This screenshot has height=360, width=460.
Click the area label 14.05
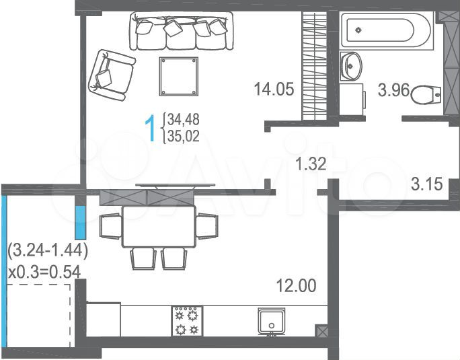point(274,89)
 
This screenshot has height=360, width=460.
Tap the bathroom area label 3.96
point(393,89)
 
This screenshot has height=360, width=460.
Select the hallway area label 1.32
point(311,161)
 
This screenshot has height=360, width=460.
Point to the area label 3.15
point(427,184)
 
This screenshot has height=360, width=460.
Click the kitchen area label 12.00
point(296,286)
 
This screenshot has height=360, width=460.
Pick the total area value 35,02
point(184,135)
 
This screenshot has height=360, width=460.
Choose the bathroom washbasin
point(351,65)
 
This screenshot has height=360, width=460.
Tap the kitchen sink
point(272,321)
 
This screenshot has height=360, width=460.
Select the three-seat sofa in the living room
point(180,32)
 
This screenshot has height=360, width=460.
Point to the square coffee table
point(179,76)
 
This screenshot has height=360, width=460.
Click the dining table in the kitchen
point(159,226)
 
